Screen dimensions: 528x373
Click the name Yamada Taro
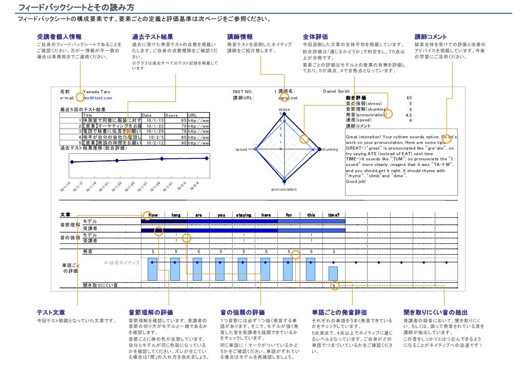pyautogui.click(x=96, y=92)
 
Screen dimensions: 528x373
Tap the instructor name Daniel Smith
pyautogui.click(x=336, y=92)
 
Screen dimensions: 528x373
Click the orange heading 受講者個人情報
pyautogui.click(x=59, y=37)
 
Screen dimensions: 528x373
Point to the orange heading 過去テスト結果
pyautogui.click(x=152, y=37)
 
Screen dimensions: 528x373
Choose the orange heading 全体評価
pyautogui.click(x=315, y=37)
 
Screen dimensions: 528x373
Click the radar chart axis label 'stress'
pyautogui.click(x=284, y=110)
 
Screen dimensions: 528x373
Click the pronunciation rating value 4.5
pyautogui.click(x=409, y=115)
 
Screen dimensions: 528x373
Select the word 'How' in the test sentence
pyautogui.click(x=153, y=215)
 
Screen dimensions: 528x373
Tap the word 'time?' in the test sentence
pyautogui.click(x=333, y=215)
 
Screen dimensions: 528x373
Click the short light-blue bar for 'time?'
pyautogui.click(x=333, y=273)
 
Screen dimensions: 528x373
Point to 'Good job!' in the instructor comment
pyautogui.click(x=356, y=181)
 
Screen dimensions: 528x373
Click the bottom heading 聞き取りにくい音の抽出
pyautogui.click(x=435, y=312)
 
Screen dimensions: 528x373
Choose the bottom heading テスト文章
pyautogui.click(x=51, y=312)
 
